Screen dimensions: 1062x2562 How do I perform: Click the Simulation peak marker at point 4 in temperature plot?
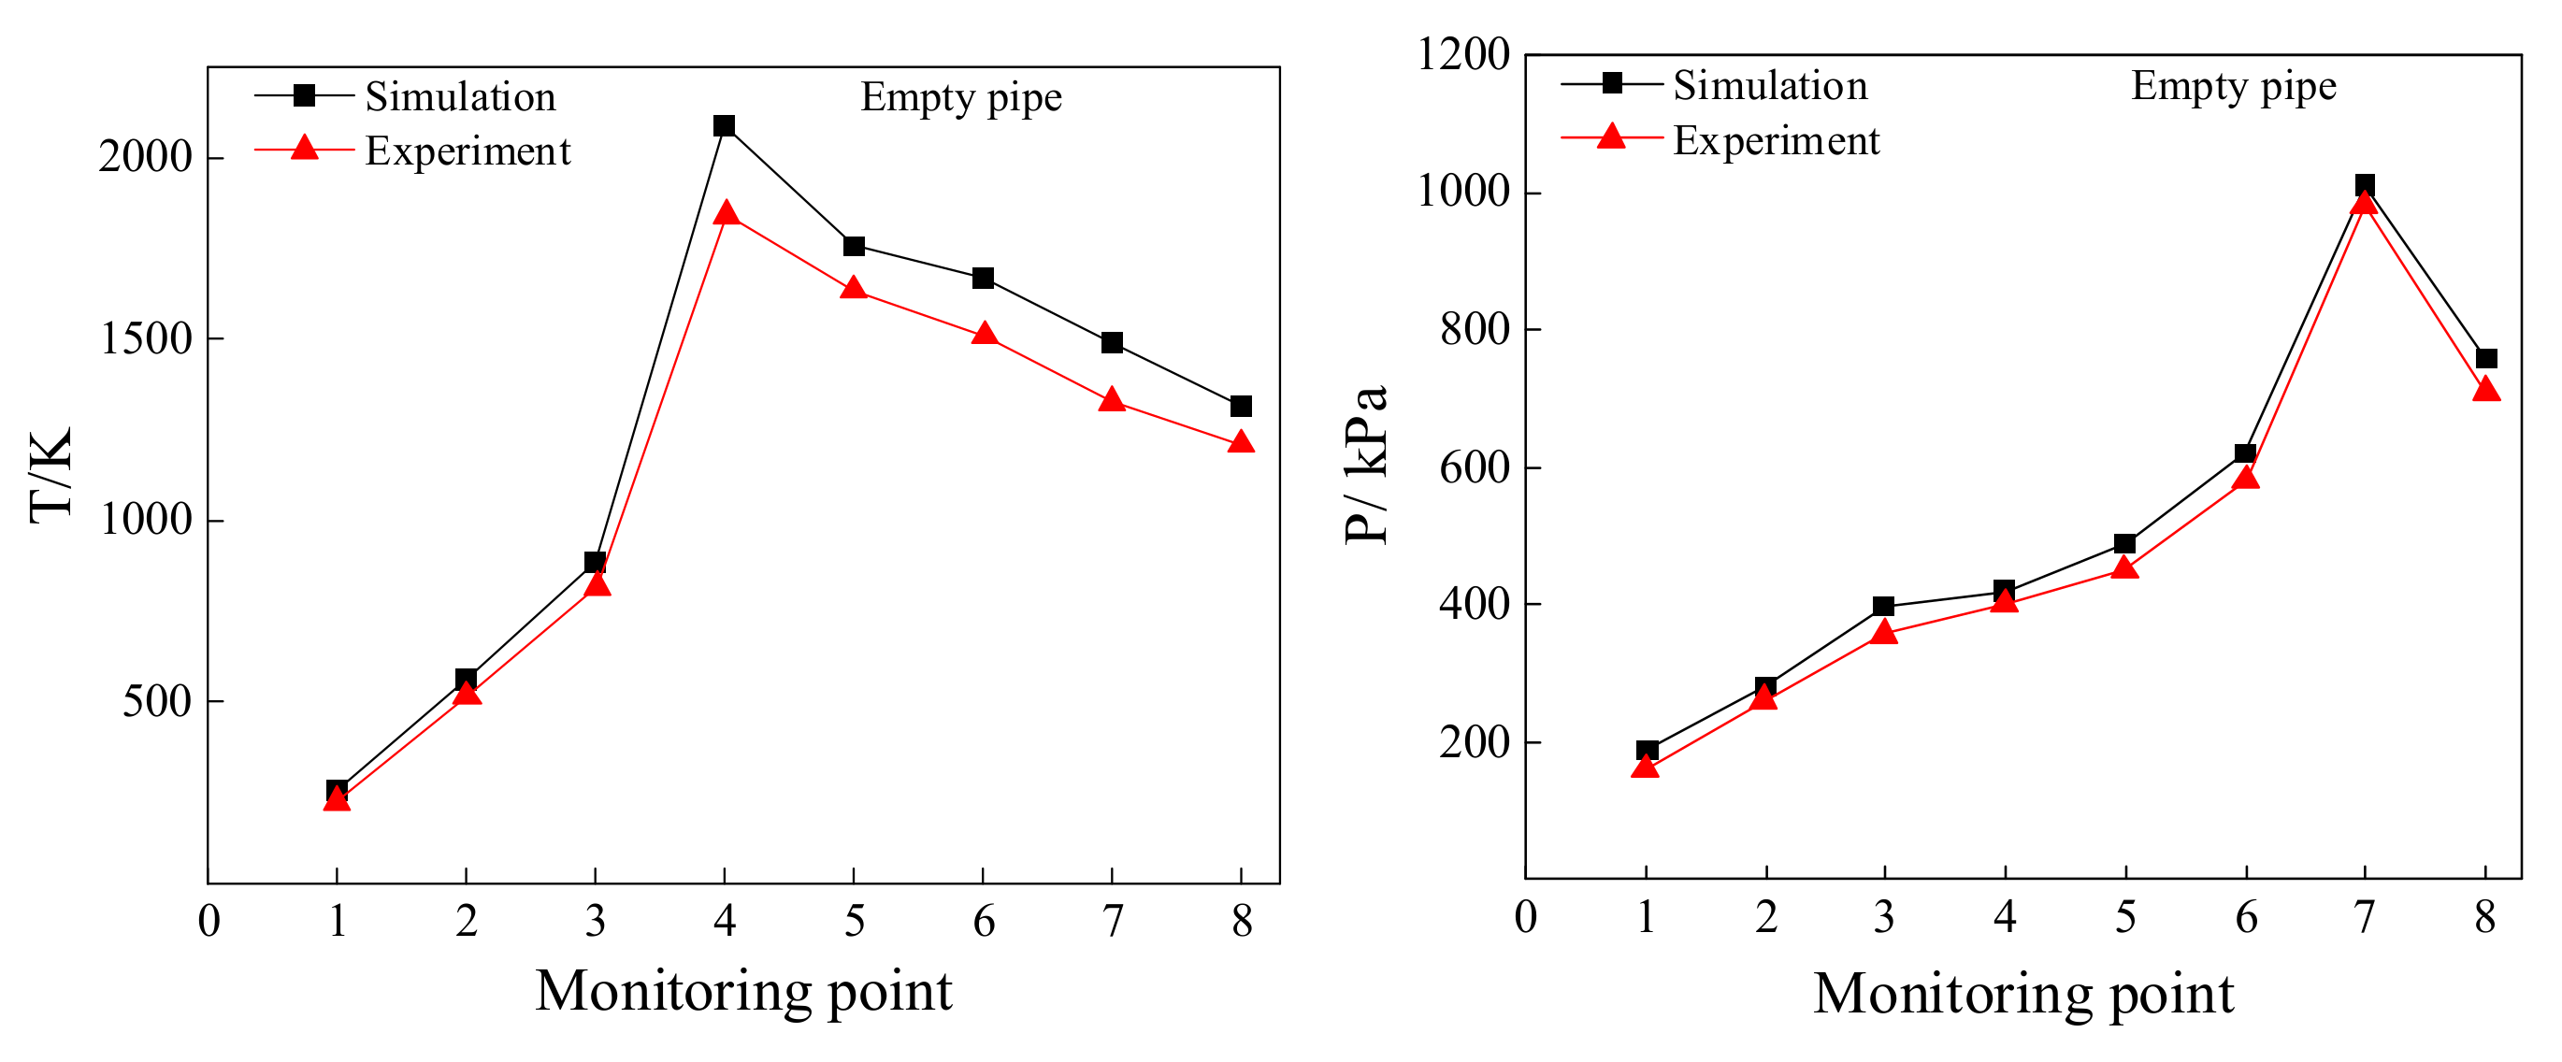[724, 126]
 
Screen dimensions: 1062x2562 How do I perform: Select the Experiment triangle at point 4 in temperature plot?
[725, 214]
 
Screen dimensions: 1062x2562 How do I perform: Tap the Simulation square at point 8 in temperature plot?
[1240, 407]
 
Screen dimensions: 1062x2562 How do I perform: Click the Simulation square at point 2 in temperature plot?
[466, 679]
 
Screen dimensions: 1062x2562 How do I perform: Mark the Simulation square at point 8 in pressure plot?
[2485, 359]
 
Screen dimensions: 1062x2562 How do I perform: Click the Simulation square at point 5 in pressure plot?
[2124, 544]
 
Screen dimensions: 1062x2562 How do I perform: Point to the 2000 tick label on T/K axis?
[145, 157]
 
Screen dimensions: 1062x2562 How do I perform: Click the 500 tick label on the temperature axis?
[157, 702]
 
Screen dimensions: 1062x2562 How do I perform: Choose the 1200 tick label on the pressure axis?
[1463, 55]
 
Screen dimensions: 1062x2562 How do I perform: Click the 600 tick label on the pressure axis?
[1475, 467]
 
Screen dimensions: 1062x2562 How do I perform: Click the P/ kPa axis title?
[1366, 465]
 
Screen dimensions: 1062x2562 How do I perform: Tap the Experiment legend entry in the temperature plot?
[468, 151]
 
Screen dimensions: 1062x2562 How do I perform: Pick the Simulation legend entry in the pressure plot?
[1769, 85]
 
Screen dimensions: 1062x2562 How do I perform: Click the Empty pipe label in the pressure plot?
[2233, 87]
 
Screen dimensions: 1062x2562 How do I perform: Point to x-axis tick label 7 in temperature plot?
[1112, 922]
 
